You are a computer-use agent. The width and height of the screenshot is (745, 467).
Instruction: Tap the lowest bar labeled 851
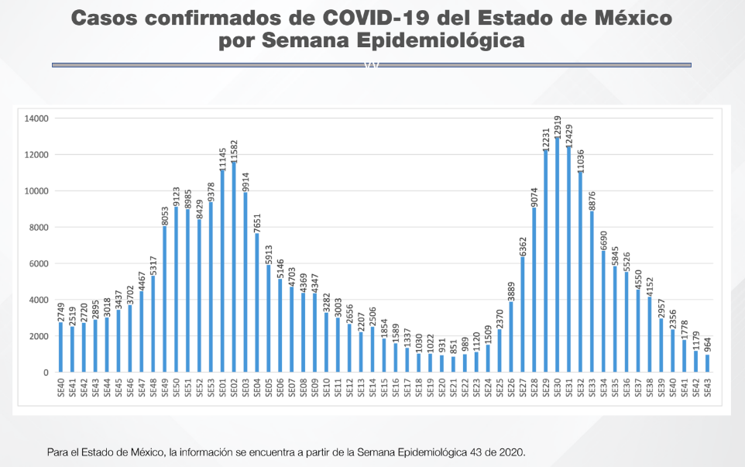[x=452, y=365]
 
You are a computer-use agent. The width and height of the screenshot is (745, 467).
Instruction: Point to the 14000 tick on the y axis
[x=36, y=118]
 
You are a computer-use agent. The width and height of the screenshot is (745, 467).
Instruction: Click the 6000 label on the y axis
[x=39, y=263]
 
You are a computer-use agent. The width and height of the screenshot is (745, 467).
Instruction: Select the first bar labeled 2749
[x=60, y=348]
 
